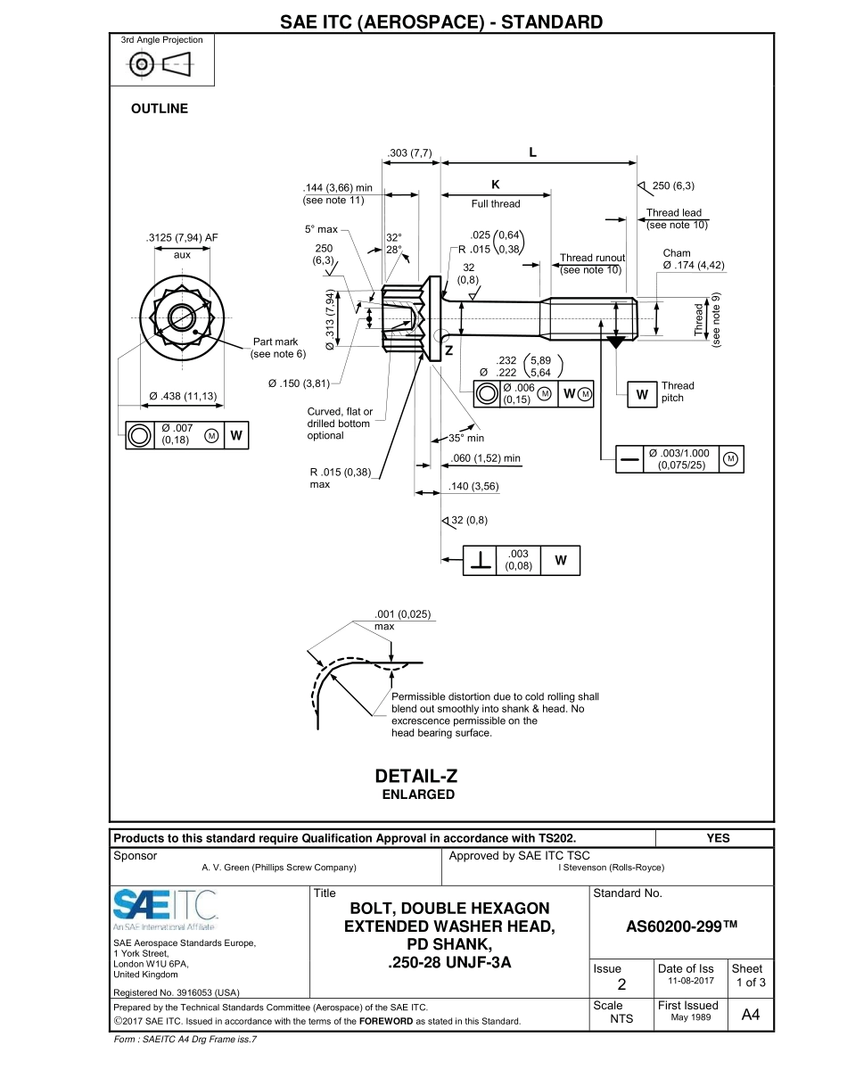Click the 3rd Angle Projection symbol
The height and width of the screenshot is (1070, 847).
pyautogui.click(x=161, y=63)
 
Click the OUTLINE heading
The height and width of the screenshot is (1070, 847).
pyautogui.click(x=160, y=109)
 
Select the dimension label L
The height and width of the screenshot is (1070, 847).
pyautogui.click(x=533, y=152)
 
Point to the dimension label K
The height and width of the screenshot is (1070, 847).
pyautogui.click(x=496, y=185)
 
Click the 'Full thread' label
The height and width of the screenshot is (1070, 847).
pyautogui.click(x=496, y=204)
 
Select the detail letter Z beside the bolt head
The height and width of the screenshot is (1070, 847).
pyautogui.click(x=449, y=350)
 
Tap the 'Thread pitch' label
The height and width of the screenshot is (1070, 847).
pyautogui.click(x=678, y=391)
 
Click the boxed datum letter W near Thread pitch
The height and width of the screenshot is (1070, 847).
pyautogui.click(x=641, y=393)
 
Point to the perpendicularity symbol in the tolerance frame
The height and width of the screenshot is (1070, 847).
pyautogui.click(x=481, y=560)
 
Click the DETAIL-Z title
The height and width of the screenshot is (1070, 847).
pyautogui.click(x=417, y=777)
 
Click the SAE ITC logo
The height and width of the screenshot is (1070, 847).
pyautogui.click(x=166, y=907)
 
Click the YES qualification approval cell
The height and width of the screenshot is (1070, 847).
pyautogui.click(x=717, y=838)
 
